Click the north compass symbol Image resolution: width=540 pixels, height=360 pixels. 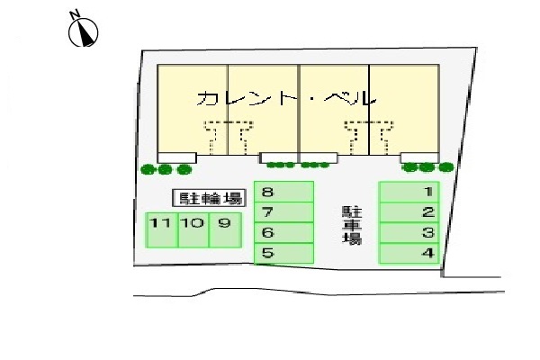pyautogui.click(x=83, y=31)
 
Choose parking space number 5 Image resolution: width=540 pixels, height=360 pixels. pyautogui.click(x=283, y=254)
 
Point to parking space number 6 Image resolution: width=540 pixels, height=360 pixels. pyautogui.click(x=283, y=233)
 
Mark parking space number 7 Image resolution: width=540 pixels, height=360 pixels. pyautogui.click(x=283, y=212)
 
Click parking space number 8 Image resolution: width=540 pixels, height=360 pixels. pyautogui.click(x=283, y=192)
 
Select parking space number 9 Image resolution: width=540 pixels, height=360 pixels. pyautogui.click(x=225, y=229)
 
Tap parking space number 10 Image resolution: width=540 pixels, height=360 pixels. pyautogui.click(x=193, y=229)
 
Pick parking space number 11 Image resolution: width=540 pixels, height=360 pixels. pyautogui.click(x=162, y=229)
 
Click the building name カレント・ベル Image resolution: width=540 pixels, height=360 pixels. pyautogui.click(x=284, y=98)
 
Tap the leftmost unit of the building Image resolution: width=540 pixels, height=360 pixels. pyautogui.click(x=193, y=108)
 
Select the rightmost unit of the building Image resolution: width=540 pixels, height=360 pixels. pyautogui.click(x=405, y=108)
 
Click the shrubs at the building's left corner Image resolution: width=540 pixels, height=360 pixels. pyautogui.click(x=166, y=168)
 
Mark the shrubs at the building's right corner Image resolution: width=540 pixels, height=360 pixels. pyautogui.click(x=428, y=166)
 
